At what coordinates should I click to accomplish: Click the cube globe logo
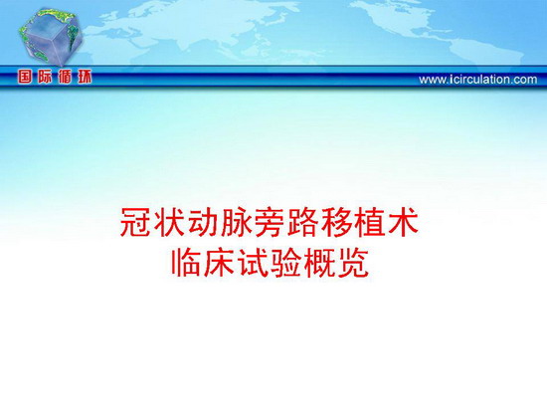pyautogui.click(x=51, y=36)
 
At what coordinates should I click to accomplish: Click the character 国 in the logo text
pyautogui.click(x=25, y=77)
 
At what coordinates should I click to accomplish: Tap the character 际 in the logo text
pyautogui.click(x=45, y=77)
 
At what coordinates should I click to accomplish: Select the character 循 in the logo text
pyautogui.click(x=65, y=77)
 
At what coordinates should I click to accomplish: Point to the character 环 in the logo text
pyautogui.click(x=85, y=77)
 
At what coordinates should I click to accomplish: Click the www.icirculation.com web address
pyautogui.click(x=478, y=80)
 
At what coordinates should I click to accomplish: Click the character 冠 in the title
pyautogui.click(x=135, y=222)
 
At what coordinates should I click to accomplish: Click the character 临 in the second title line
pyautogui.click(x=185, y=263)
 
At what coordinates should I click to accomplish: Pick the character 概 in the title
pyautogui.click(x=319, y=263)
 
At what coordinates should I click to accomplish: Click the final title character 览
pyautogui.click(x=353, y=263)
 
